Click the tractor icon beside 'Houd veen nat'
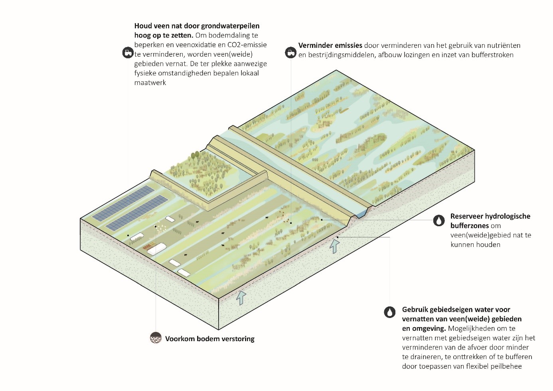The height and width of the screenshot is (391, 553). tap(128, 53)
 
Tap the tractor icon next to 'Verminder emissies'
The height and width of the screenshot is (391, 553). tap(290, 52)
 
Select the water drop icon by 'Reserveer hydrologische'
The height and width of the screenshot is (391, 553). tap(439, 221)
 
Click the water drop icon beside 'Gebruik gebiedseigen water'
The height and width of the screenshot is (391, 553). tap(390, 312)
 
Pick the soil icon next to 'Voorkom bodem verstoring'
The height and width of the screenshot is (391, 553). tap(155, 338)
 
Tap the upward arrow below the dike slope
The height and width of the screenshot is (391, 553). tap(334, 246)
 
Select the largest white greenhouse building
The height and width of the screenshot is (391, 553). tap(156, 249)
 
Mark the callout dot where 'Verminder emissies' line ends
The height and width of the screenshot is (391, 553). tap(291, 223)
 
